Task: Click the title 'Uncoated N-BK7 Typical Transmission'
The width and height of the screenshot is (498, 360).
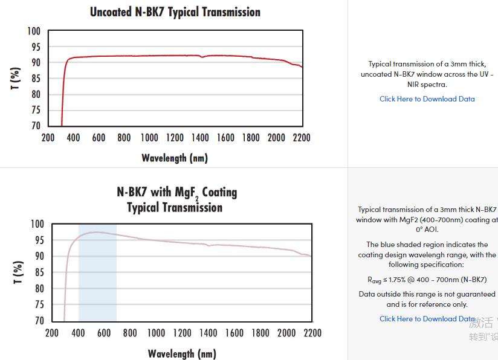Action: (175, 12)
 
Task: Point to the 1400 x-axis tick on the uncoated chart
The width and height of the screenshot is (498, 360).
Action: (200, 138)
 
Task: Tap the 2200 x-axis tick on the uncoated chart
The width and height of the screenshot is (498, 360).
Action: (302, 138)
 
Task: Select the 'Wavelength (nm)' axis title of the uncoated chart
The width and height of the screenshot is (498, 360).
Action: (175, 158)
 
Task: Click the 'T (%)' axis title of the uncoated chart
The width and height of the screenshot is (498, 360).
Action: (16, 79)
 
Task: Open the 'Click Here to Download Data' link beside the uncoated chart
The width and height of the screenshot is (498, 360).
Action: (427, 99)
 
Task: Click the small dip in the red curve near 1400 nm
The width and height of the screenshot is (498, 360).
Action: (202, 57)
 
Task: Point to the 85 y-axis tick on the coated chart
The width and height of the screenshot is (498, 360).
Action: (37, 272)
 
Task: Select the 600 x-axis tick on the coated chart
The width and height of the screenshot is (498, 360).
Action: (104, 333)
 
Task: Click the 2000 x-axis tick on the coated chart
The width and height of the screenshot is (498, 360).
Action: (286, 333)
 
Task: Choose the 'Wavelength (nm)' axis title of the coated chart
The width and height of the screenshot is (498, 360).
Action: (181, 354)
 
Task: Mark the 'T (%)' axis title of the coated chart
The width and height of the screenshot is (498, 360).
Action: (19, 273)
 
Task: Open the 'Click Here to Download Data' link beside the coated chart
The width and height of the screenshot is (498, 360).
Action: (427, 319)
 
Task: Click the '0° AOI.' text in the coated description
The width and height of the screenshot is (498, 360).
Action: (427, 230)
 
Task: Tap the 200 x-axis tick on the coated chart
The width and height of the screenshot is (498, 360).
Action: (52, 333)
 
